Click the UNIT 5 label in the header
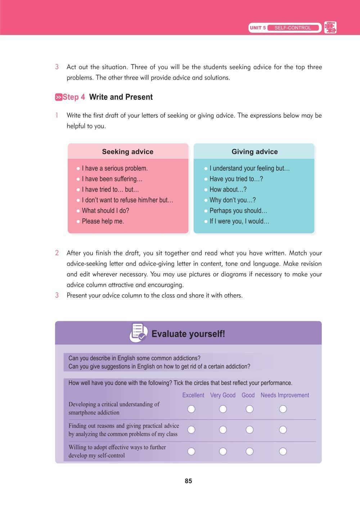pos(257,28)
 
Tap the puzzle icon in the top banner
pos(330,28)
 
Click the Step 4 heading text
pos(74,97)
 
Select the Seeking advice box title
pos(128,152)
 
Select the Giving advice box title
pos(255,152)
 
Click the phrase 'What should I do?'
pos(105,211)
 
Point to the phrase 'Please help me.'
pos(103,221)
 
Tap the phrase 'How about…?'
pos(228,189)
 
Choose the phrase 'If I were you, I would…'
pos(239,221)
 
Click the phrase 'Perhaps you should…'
pos(238,211)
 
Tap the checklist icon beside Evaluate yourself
pos(139,333)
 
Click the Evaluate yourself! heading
pos(188,334)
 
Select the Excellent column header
pos(193,395)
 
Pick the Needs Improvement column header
pos(285,395)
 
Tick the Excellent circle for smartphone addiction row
pos(192,409)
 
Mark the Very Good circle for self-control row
pos(223,451)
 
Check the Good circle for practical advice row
pos(249,430)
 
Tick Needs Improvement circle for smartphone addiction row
pos(283,409)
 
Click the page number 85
pos(188,481)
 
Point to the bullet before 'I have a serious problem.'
pos(78,169)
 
